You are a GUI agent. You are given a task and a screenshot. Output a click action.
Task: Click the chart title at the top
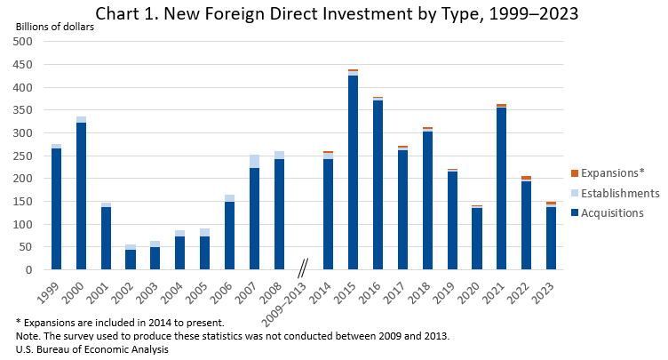click(x=336, y=14)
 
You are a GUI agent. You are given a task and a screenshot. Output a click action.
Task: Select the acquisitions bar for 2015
click(x=353, y=172)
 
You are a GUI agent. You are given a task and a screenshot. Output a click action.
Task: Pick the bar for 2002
click(x=131, y=258)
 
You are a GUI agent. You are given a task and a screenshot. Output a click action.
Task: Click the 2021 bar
click(x=501, y=188)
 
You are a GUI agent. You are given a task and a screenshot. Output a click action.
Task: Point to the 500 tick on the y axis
click(x=23, y=42)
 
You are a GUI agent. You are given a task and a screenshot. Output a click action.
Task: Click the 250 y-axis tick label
click(x=23, y=156)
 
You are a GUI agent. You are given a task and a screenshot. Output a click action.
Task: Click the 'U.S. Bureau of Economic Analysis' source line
click(x=92, y=350)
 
